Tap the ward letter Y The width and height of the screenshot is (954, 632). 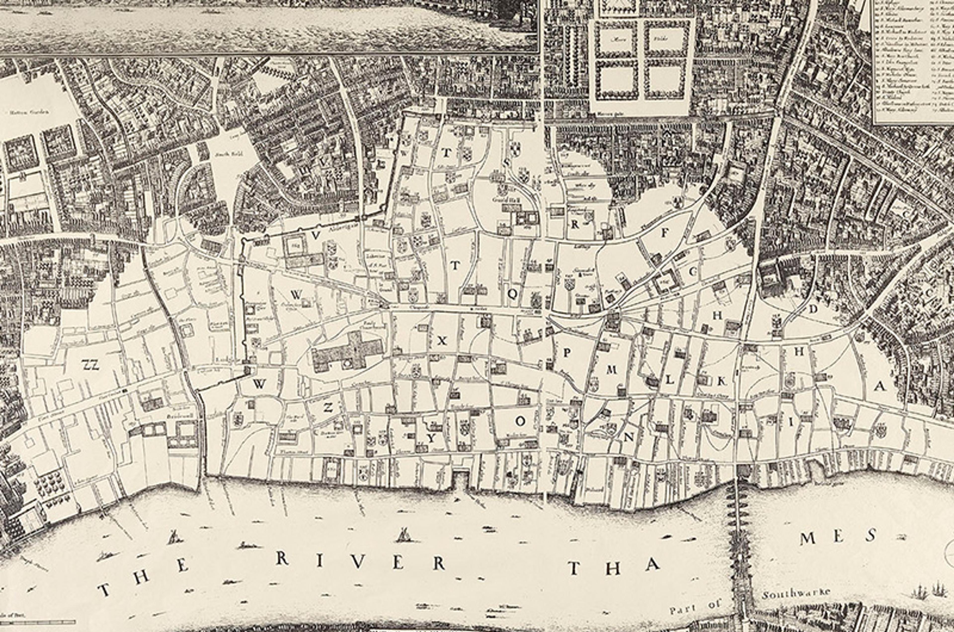432,438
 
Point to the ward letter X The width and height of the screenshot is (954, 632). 442,341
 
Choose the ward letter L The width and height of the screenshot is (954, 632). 669,380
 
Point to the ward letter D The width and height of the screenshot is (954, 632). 813,309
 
